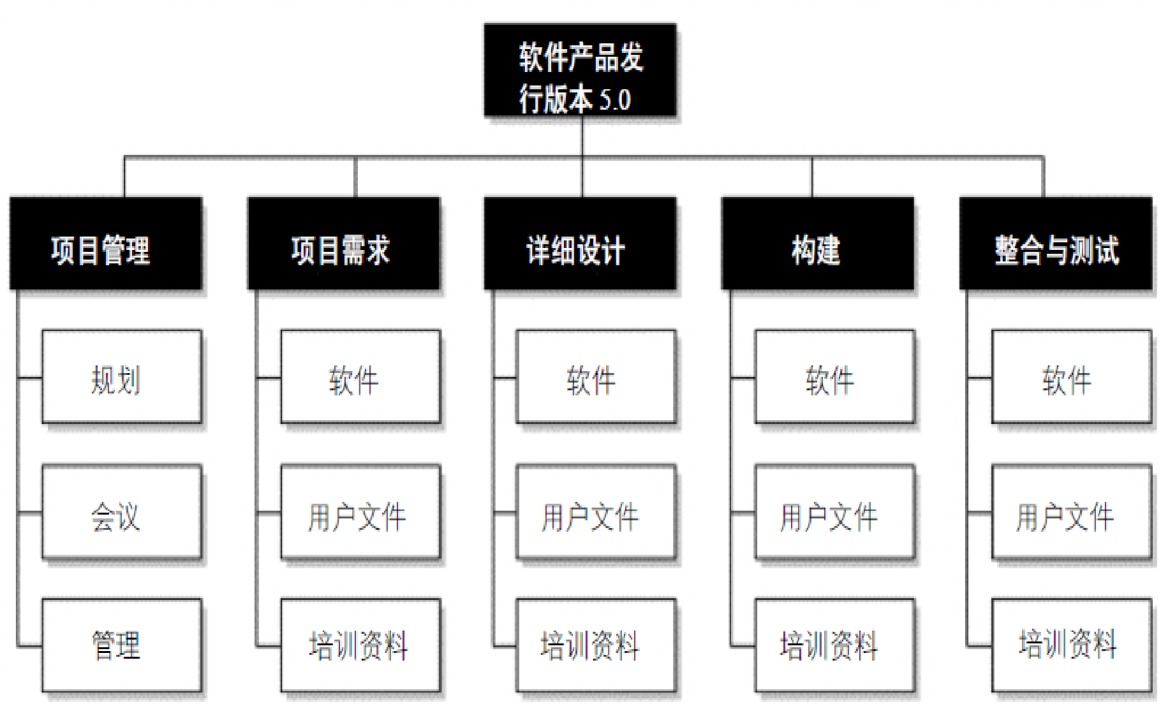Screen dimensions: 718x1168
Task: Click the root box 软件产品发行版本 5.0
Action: point(580,70)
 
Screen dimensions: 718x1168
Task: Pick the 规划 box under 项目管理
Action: point(122,377)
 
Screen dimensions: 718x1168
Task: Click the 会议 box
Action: point(122,513)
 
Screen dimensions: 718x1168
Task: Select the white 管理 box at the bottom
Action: point(122,645)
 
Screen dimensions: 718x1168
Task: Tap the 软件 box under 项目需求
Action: point(360,377)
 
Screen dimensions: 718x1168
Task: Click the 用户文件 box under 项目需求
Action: point(360,513)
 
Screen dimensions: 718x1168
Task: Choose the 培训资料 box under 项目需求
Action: point(360,645)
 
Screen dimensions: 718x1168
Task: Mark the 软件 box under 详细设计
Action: point(596,377)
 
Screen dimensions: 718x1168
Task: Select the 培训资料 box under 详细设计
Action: point(596,645)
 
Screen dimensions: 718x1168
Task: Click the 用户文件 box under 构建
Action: point(834,513)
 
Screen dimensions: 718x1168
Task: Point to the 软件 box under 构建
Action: point(834,377)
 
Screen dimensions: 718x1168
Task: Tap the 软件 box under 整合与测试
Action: point(1072,377)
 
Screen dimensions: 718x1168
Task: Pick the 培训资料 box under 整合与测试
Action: point(1072,645)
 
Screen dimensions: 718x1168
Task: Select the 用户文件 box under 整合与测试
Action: point(1072,513)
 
